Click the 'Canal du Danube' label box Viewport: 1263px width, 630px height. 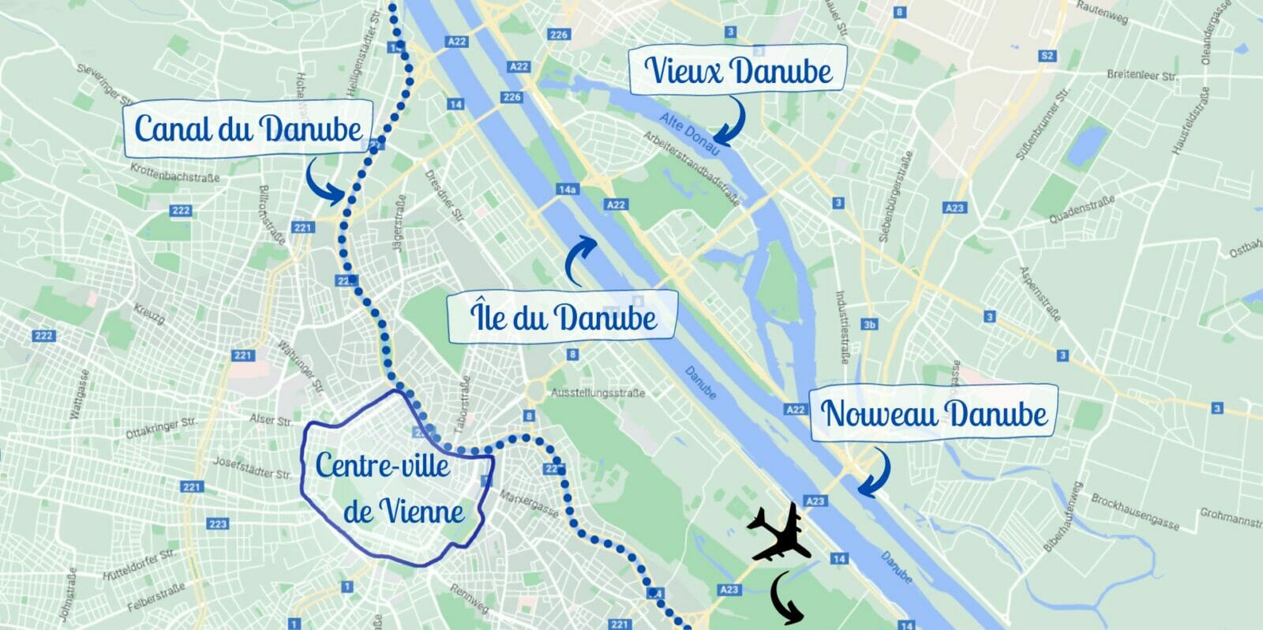(x=247, y=129)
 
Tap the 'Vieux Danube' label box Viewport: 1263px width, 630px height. (x=738, y=70)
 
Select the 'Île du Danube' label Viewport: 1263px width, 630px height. (x=563, y=317)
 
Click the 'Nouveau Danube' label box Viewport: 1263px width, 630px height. (x=934, y=413)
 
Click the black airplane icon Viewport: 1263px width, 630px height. (x=780, y=534)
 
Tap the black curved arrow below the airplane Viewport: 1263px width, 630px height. (x=785, y=595)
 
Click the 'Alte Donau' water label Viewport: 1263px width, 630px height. (x=689, y=133)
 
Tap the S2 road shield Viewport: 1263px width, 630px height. (x=1048, y=55)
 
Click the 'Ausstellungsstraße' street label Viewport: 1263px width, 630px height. (x=598, y=392)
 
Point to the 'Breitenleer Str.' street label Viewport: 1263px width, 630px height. (x=1141, y=76)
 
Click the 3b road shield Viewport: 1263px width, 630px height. (x=869, y=324)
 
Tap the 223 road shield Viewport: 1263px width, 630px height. (x=218, y=523)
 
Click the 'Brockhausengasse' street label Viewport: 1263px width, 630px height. (x=1134, y=511)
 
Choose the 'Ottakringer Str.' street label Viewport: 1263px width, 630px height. (x=161, y=428)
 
